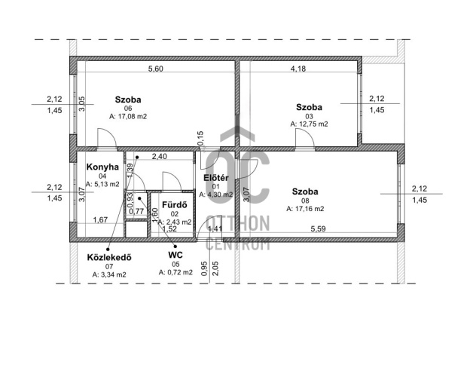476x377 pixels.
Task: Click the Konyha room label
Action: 102,167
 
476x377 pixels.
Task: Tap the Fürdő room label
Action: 175,205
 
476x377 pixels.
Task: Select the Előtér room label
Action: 216,178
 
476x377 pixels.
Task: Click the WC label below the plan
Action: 175,255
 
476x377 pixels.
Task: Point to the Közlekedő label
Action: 109,257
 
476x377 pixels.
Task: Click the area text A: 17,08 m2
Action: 128,116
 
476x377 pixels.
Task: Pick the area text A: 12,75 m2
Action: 309,124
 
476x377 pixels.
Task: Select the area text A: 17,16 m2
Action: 305,209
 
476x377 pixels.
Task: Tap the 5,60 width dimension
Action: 155,69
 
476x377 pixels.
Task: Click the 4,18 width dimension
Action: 298,69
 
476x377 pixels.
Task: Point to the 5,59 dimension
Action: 318,228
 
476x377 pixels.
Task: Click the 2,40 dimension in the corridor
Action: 160,156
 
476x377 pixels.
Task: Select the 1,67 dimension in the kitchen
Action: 100,219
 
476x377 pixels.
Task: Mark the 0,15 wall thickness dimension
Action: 200,138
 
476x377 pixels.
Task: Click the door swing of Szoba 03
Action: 305,138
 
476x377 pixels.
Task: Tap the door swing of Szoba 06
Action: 107,138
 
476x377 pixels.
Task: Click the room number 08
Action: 305,201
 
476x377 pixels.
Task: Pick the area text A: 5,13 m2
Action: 102,184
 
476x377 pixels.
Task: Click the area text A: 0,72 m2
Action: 175,272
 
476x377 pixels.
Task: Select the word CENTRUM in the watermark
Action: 238,244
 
